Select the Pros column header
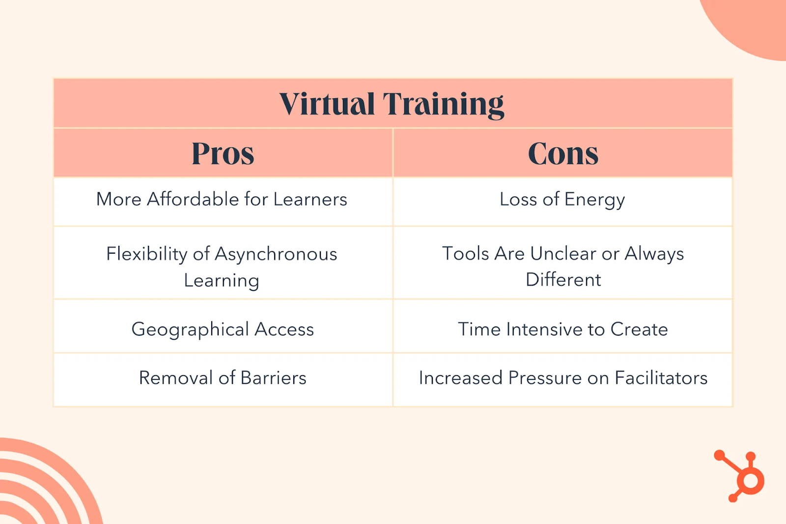pos(223,153)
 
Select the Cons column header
pos(563,153)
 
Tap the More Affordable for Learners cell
pos(222,200)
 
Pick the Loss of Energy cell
pos(562,200)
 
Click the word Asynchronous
pos(276,254)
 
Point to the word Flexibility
pos(146,254)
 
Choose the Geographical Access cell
pos(223,329)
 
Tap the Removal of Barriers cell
pos(223,378)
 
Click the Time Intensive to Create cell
pos(563,329)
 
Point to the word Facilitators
pos(661,378)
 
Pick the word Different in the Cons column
pos(563,280)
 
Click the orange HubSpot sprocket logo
pos(741,476)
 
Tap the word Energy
pos(594,200)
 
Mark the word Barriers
pos(273,378)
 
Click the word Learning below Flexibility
pos(222,281)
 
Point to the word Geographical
pos(190,329)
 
